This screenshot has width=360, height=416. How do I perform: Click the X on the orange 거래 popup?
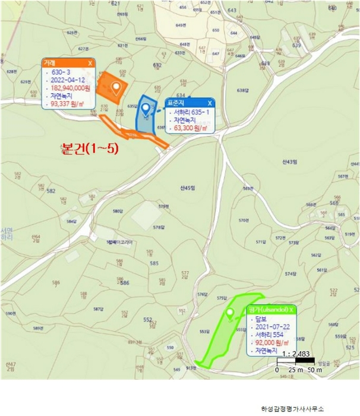point(90,62)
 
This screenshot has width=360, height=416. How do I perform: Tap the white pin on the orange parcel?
point(116,87)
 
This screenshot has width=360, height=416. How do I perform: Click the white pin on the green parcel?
point(230,314)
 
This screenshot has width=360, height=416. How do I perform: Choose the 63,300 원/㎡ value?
point(190,128)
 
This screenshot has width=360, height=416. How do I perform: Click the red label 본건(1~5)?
point(90,149)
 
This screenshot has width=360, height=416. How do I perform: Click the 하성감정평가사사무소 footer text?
point(293,408)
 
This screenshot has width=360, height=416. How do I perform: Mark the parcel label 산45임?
point(187,188)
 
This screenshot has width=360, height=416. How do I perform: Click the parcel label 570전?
point(244,220)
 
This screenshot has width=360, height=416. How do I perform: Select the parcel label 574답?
point(290,274)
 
